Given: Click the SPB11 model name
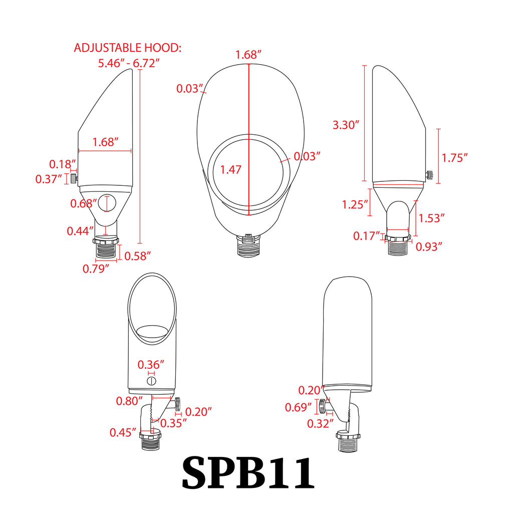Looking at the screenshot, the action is click(x=248, y=472).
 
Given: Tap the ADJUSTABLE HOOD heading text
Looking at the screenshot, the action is click(x=127, y=48).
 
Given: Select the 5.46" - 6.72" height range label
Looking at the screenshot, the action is click(x=129, y=63).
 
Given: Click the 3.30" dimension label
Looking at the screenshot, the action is click(x=346, y=125).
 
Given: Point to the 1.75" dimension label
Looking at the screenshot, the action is click(x=455, y=158).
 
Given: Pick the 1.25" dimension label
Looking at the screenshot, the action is click(x=355, y=204).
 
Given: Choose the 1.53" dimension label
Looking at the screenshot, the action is click(x=431, y=218).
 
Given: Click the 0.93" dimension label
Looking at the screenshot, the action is click(x=429, y=246).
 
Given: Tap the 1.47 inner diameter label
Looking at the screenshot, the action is click(x=230, y=169).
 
